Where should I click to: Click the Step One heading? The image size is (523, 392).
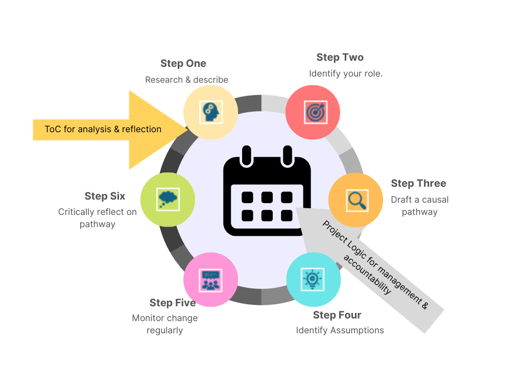183,64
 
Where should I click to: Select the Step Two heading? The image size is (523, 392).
340,58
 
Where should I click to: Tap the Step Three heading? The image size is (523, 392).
418,184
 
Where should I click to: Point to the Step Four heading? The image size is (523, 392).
337,315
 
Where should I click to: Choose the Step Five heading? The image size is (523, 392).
172,303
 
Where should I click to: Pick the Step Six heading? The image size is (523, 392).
105,197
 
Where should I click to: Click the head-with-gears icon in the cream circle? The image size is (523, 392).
210,112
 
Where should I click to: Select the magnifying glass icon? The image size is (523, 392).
356,200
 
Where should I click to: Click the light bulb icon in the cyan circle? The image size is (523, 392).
313,279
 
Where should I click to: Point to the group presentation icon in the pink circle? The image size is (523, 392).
210,280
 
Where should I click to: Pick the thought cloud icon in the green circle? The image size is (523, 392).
167,198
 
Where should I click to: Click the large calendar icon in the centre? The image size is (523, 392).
267,191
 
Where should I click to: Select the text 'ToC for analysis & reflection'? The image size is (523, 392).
103,129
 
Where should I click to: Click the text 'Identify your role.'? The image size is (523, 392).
345,74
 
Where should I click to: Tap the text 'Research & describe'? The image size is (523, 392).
186,80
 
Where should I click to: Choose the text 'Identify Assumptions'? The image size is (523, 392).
340,331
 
